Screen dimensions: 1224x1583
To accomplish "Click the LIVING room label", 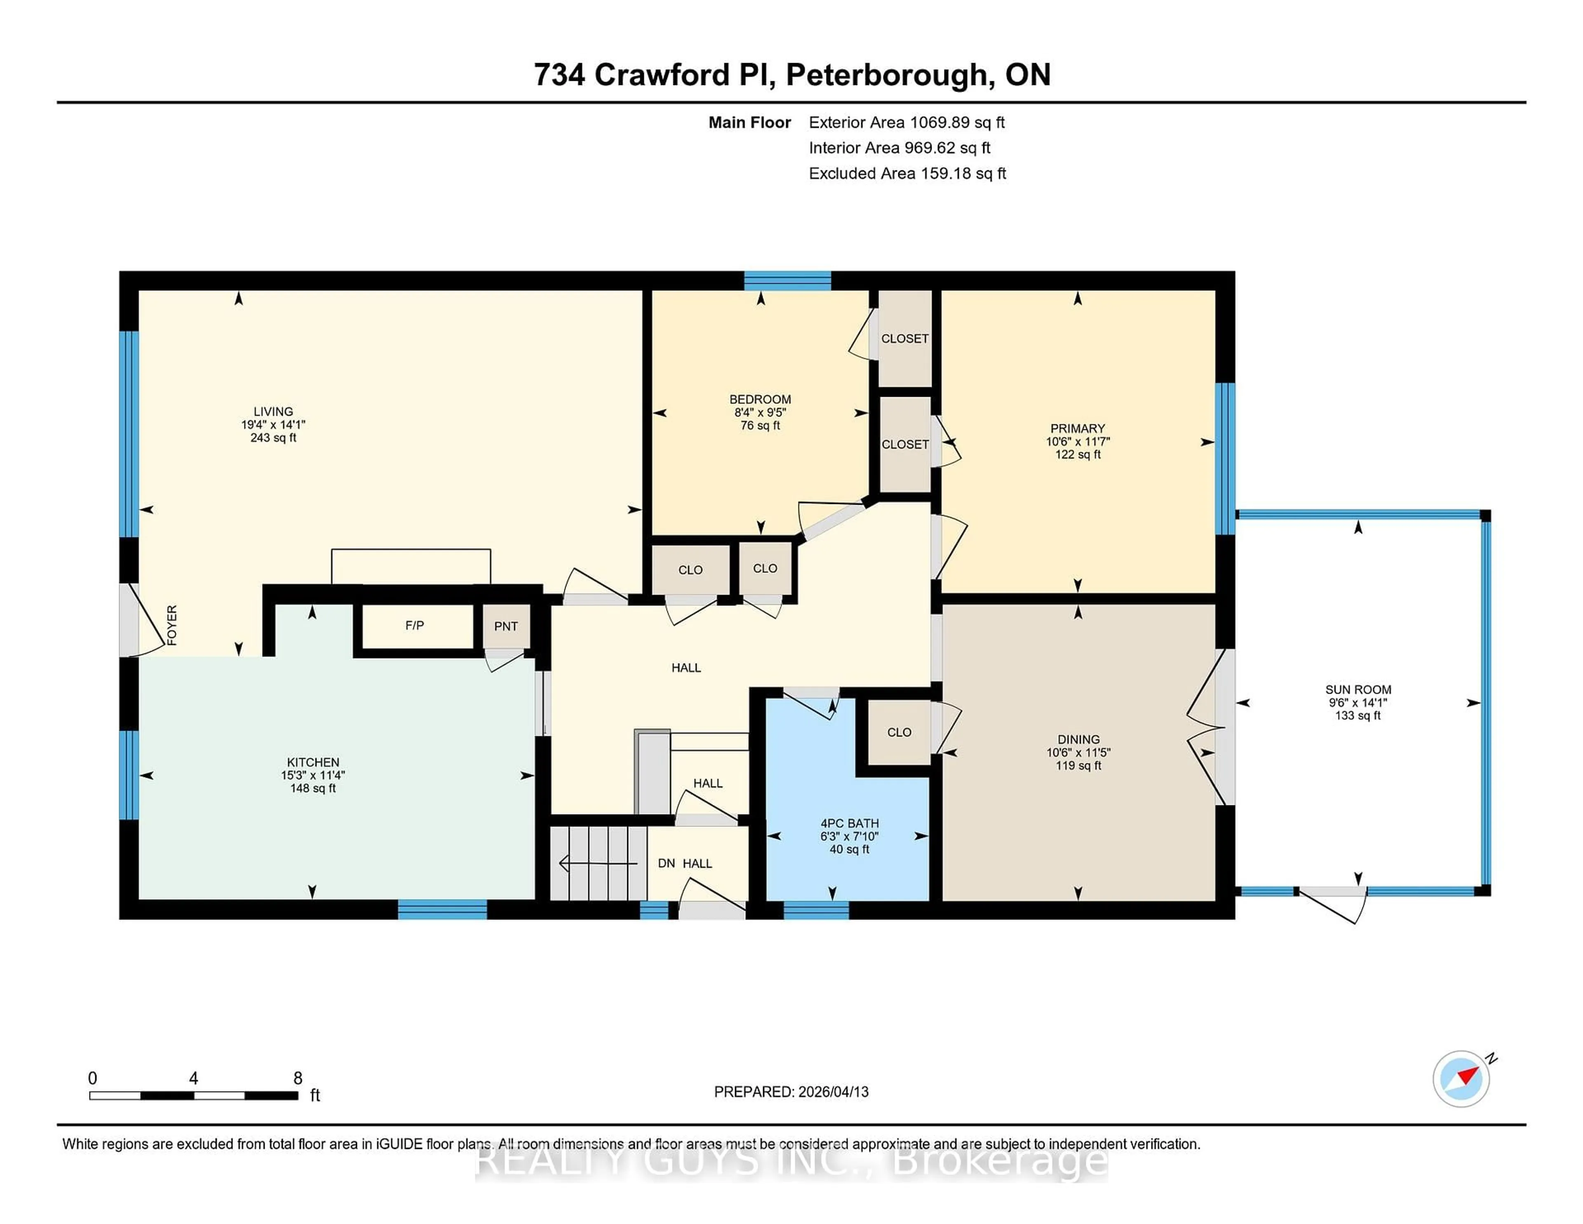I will pyautogui.click(x=273, y=411).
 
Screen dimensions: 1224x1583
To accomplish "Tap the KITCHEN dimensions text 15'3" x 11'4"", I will pyautogui.click(x=313, y=775).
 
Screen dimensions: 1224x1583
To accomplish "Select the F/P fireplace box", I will pyautogui.click(x=415, y=626).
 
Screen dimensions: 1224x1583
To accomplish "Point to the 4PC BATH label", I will pyautogui.click(x=850, y=823).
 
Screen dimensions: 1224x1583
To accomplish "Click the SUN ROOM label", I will pyautogui.click(x=1358, y=690).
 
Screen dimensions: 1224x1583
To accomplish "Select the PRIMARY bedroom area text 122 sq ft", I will pyautogui.click(x=1078, y=454).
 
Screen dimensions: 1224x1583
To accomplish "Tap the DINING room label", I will pyautogui.click(x=1078, y=739).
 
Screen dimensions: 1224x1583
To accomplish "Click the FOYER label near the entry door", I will pyautogui.click(x=172, y=625).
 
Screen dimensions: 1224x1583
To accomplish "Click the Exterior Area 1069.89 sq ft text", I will pyautogui.click(x=907, y=122).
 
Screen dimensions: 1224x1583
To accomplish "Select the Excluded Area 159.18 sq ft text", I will pyautogui.click(x=907, y=173).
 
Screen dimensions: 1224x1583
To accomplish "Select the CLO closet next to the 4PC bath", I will pyautogui.click(x=899, y=732).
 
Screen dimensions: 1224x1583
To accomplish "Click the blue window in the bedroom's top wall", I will pyautogui.click(x=787, y=280).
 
